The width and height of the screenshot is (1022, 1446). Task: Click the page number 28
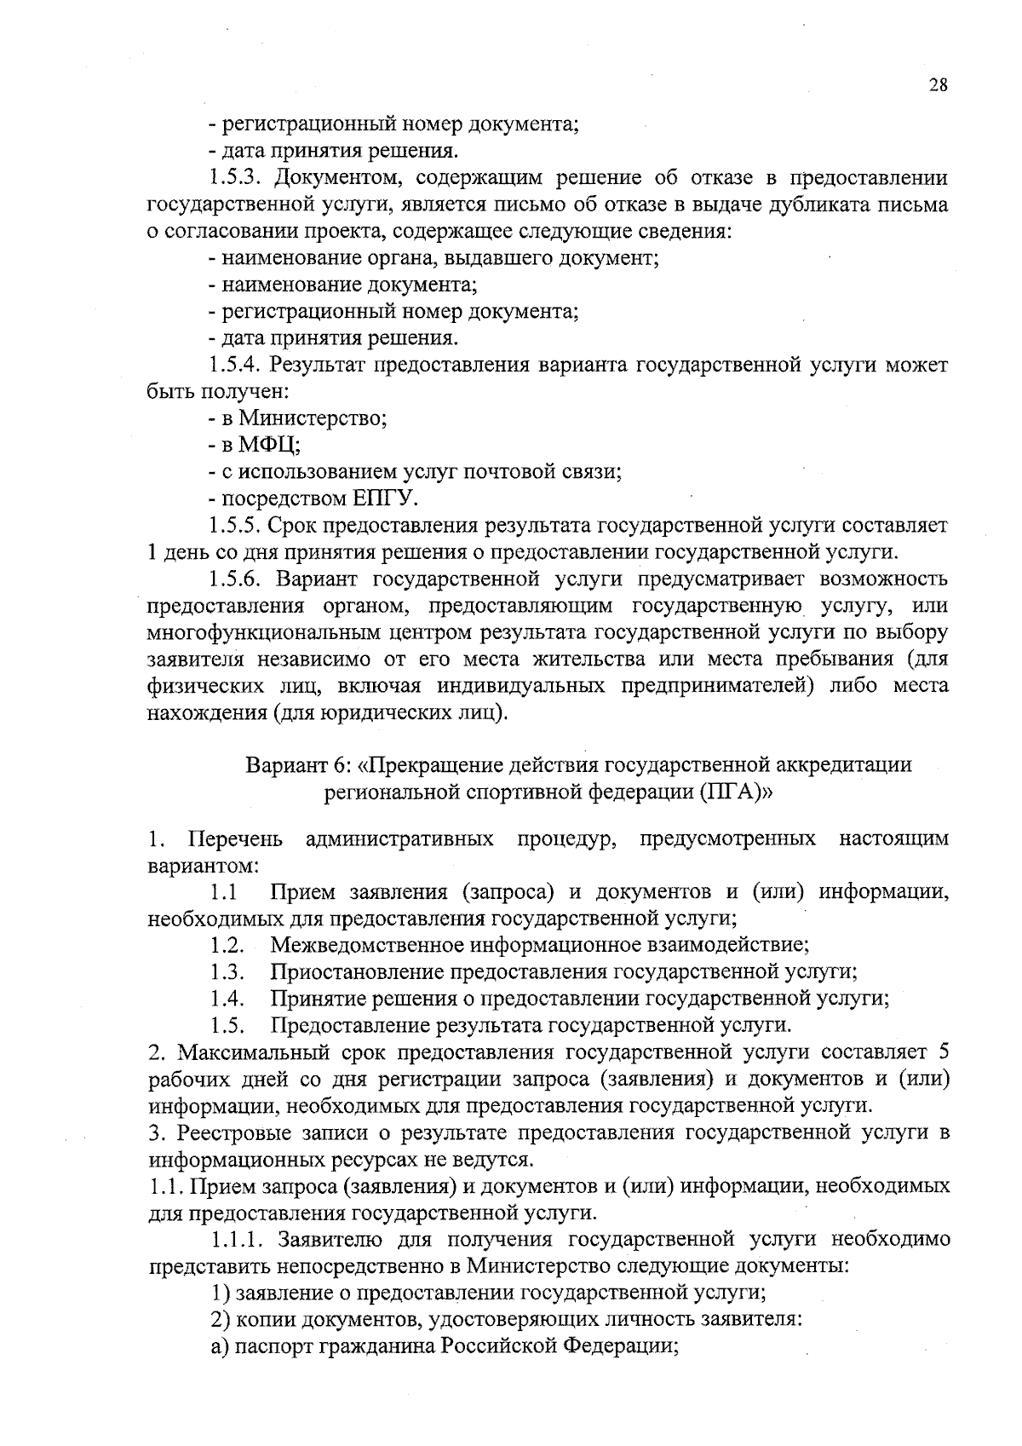pyautogui.click(x=938, y=85)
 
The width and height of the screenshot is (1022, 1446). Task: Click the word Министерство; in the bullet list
pyautogui.click(x=313, y=418)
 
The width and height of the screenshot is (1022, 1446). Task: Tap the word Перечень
pyautogui.click(x=235, y=839)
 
